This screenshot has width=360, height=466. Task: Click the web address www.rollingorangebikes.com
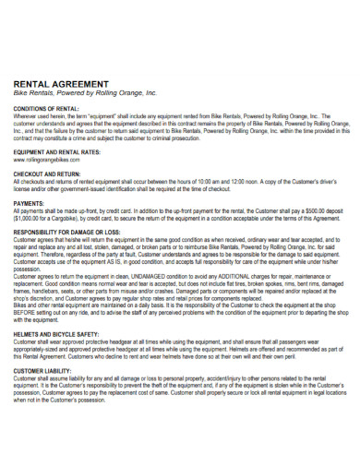(x=47, y=161)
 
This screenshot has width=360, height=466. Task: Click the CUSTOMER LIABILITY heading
(x=45, y=370)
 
